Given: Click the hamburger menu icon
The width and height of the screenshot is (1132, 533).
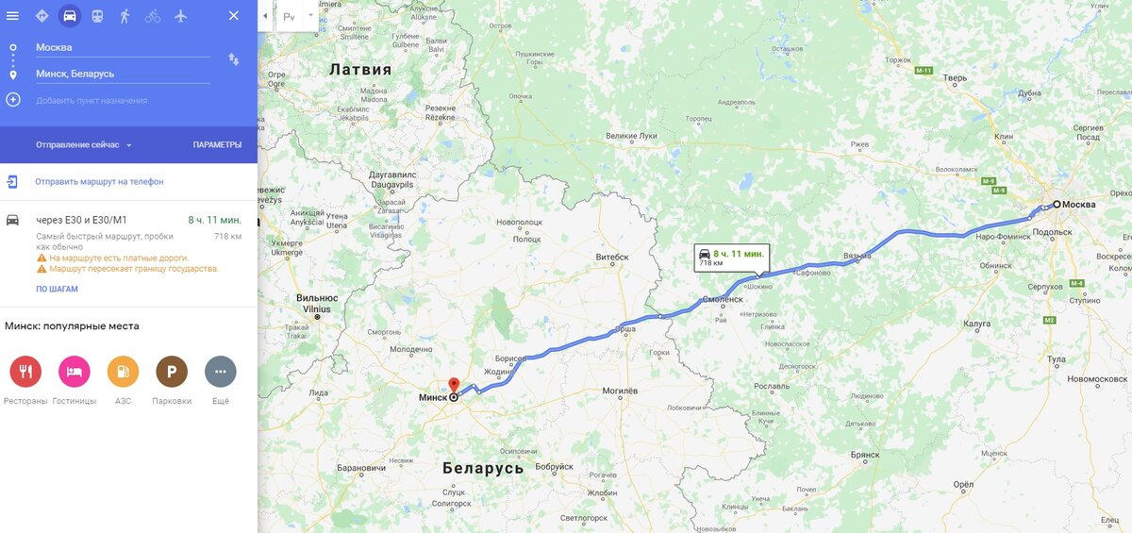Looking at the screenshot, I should (x=12, y=15).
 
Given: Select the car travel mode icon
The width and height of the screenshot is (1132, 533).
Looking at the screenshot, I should (x=70, y=16).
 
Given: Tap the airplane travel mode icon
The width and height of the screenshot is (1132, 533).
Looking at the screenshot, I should (x=181, y=16).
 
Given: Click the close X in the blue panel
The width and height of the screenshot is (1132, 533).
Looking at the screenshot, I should (x=234, y=16).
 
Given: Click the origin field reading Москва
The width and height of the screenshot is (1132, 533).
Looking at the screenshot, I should (x=122, y=47).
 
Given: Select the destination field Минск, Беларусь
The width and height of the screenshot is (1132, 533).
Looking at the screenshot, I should (x=122, y=74).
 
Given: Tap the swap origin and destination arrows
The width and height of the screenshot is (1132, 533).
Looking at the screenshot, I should (x=234, y=59).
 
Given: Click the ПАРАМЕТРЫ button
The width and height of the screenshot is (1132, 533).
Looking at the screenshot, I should (x=217, y=145).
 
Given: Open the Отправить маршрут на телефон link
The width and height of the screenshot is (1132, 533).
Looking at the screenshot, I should (x=99, y=182).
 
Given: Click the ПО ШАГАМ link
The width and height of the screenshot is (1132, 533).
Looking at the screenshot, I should (x=58, y=289).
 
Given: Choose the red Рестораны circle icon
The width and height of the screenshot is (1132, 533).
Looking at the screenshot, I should (x=25, y=372).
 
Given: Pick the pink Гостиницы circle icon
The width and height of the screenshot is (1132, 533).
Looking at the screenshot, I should (x=75, y=372).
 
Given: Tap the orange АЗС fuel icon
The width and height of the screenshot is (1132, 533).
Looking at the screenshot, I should (x=123, y=372).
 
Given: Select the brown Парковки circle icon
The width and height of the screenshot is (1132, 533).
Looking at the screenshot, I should (x=172, y=372).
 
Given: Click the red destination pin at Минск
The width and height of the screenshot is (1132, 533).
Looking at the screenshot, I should (x=453, y=385).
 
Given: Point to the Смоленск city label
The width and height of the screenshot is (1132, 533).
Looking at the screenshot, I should (x=723, y=301).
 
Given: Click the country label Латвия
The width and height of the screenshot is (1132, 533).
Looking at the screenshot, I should (x=359, y=70).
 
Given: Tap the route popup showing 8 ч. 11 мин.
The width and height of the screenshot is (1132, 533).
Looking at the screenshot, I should (x=732, y=258).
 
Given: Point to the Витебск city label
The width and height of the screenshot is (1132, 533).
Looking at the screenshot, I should (x=612, y=257).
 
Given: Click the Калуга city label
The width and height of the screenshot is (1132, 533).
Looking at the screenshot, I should (x=976, y=324).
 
